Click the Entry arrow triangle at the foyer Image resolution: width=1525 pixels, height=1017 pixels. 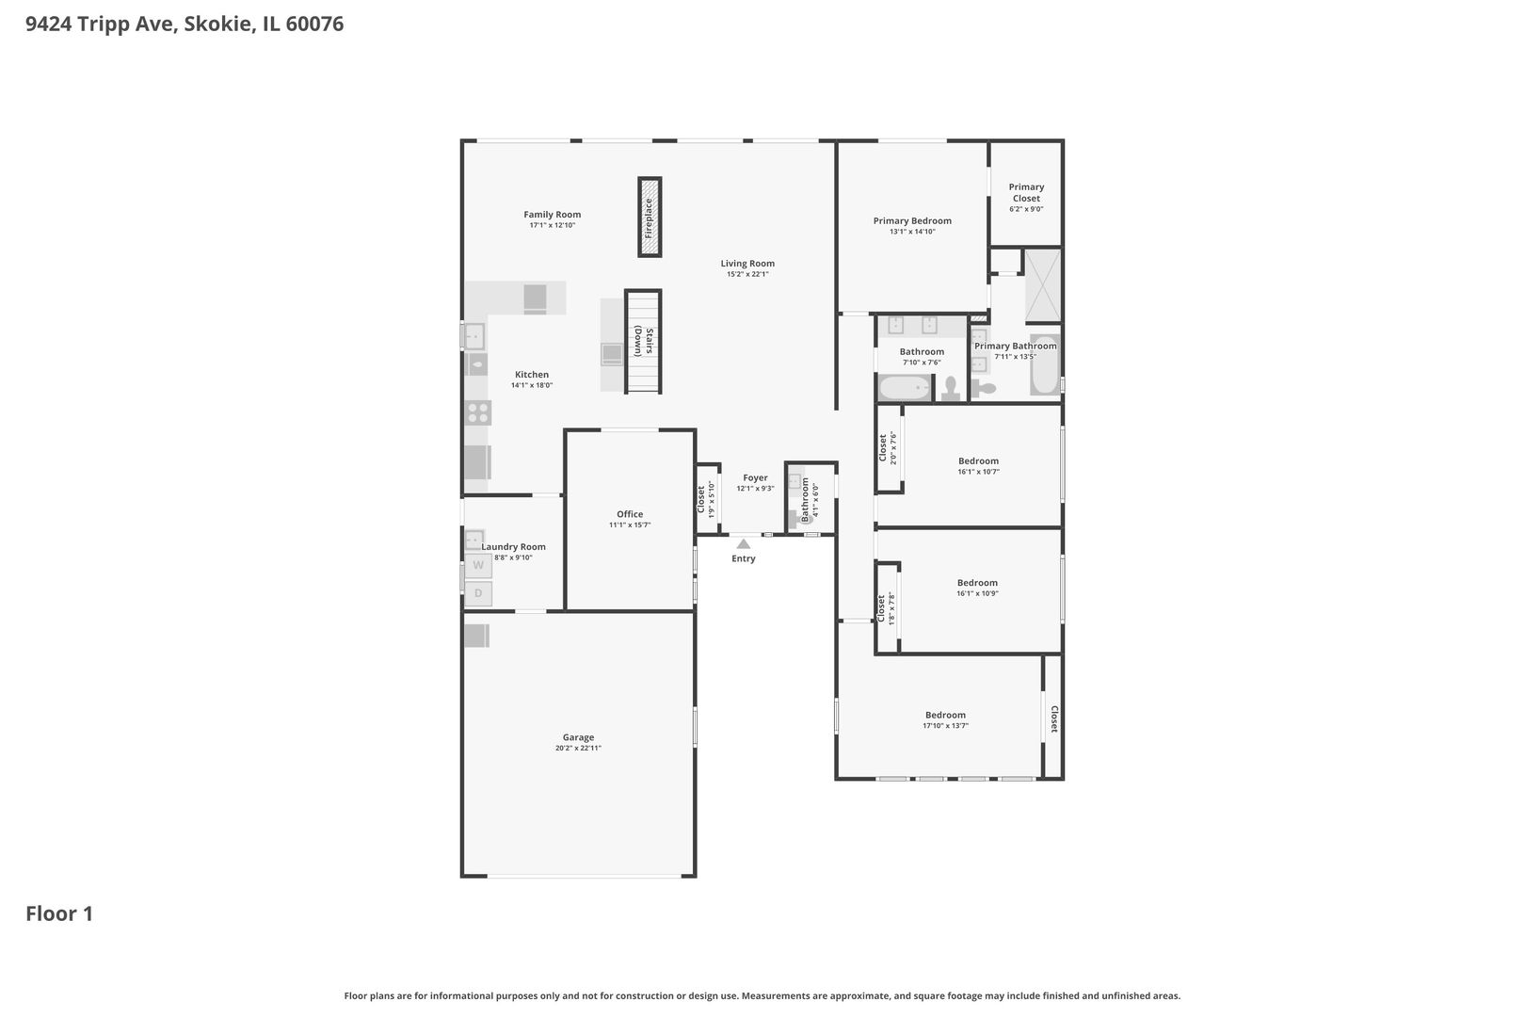pos(744,543)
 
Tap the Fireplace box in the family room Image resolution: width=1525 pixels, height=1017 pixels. pos(650,218)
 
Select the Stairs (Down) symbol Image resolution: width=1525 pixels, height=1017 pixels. pos(643,341)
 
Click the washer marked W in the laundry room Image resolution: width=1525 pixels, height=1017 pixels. pos(478,565)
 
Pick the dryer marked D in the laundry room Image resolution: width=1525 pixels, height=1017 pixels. pos(478,593)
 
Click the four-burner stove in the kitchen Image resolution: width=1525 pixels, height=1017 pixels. pos(478,412)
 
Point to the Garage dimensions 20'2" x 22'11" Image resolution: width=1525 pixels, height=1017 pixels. pos(578,748)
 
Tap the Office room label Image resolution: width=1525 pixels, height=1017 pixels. pos(630,514)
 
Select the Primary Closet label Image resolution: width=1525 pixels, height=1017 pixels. pos(1026,193)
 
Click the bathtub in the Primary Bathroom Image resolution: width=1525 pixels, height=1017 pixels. pos(1045,365)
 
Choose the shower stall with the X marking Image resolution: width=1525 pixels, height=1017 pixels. pos(1043,285)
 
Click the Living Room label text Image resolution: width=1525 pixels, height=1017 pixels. pos(747,264)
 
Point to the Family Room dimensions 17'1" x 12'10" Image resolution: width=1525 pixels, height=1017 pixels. pos(553,225)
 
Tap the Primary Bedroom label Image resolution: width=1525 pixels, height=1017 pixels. pos(912,220)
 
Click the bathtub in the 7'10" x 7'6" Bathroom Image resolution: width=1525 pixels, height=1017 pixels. pos(905,388)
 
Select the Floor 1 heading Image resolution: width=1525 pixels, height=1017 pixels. pos(59,913)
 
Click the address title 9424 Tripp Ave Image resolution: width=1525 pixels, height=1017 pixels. pos(102,24)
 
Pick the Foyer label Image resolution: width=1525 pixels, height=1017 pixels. pos(755,478)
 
